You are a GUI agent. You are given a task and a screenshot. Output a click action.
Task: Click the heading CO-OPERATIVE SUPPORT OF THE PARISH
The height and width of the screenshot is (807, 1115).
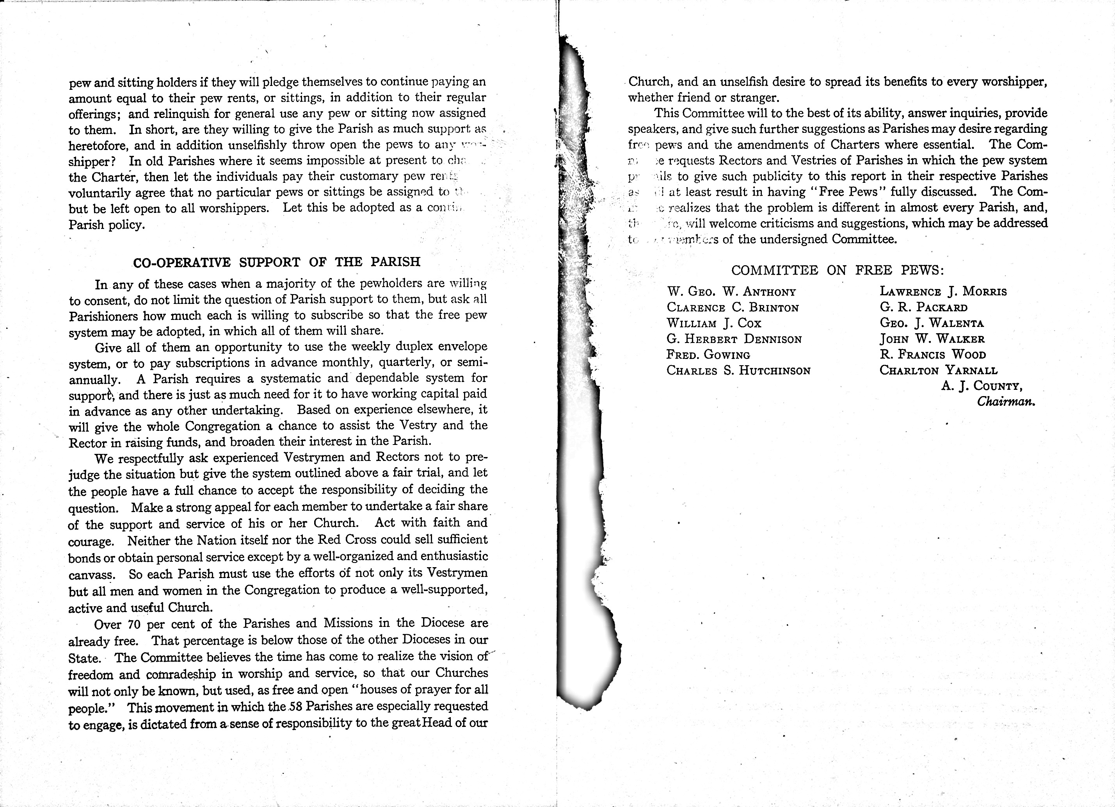point(277,262)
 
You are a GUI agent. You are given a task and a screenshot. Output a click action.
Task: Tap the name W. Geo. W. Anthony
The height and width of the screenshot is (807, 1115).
point(731,292)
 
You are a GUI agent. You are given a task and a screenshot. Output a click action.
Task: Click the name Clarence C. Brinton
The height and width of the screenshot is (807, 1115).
point(733,307)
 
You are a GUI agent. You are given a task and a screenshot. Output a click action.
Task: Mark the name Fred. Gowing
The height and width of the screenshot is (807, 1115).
point(708,355)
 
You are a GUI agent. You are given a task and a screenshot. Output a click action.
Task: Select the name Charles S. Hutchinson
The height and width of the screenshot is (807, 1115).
point(738,371)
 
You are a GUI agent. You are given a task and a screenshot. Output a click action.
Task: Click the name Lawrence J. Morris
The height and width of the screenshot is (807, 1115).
point(943,291)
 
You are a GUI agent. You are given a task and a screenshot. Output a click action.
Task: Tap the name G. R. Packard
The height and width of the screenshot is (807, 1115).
point(923,307)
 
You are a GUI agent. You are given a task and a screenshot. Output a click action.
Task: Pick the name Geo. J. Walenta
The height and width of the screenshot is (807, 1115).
point(932,323)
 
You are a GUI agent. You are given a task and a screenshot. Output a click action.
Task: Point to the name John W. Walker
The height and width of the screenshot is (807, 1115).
point(932,339)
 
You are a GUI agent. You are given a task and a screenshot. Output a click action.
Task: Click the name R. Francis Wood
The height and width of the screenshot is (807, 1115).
point(933,354)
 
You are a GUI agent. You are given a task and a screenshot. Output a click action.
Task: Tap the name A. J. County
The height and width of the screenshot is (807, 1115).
point(982,386)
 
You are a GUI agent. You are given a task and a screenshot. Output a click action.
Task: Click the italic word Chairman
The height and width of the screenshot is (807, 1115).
point(1006,402)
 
